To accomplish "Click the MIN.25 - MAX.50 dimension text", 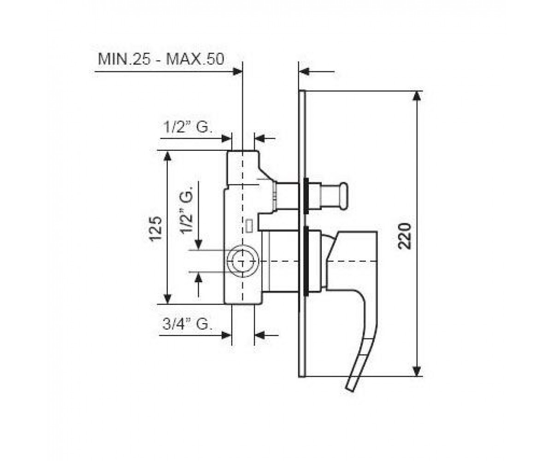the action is (x=161, y=59).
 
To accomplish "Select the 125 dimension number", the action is (x=156, y=228).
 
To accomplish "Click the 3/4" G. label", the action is (x=187, y=324).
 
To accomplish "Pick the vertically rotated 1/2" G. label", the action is (x=187, y=209).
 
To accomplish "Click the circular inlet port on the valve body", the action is (x=242, y=261).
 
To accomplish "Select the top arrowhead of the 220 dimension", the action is (x=417, y=96).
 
